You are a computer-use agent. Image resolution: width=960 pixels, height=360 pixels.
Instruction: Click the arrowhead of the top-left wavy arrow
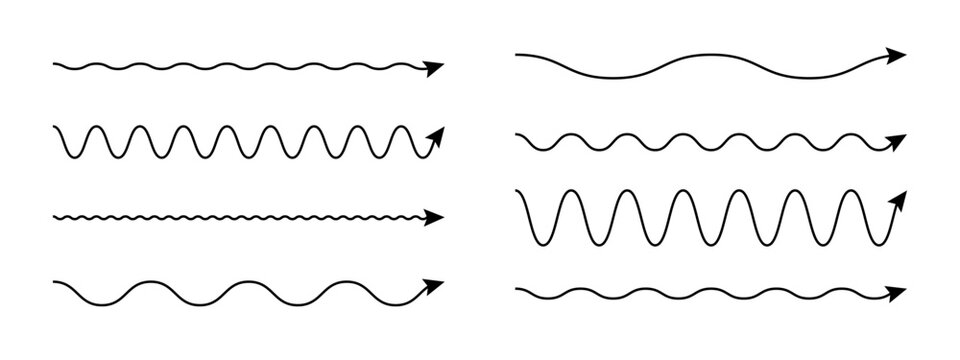pos(434,68)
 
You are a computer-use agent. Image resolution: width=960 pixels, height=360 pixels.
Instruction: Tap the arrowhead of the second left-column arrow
pos(435,136)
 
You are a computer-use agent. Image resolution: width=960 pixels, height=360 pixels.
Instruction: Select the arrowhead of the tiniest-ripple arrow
pos(435,216)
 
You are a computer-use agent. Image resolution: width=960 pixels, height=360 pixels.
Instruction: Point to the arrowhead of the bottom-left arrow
pos(434,285)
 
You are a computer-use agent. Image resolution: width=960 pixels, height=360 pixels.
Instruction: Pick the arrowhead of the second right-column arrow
pos(897,139)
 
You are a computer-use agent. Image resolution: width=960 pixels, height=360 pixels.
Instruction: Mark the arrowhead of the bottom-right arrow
pos(897,292)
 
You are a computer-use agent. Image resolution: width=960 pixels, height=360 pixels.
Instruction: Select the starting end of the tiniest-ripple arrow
pos(54,216)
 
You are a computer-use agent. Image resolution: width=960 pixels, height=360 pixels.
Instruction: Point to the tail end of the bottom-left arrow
pos(54,283)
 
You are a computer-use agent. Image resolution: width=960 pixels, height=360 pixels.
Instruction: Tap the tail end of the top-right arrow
pos(516,54)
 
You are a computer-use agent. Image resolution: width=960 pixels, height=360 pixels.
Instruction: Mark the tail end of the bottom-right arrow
pos(516,290)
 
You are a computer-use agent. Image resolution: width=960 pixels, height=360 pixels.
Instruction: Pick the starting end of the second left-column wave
pos(54,128)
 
